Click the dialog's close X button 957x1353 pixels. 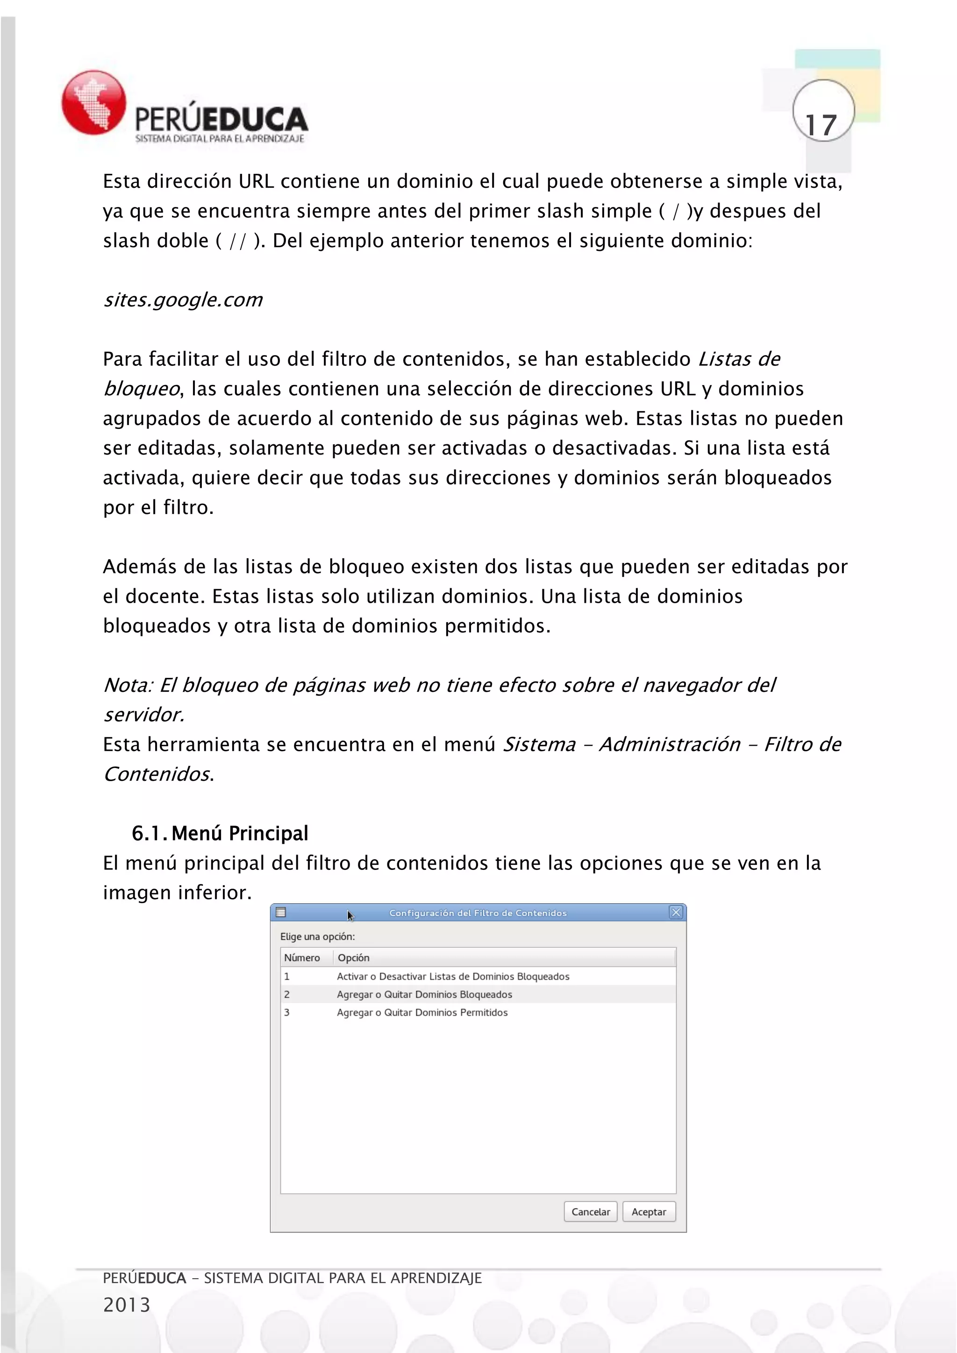675,912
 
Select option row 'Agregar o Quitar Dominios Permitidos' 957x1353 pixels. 422,1012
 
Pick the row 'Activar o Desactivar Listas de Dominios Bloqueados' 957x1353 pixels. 453,976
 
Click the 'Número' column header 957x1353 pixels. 302,958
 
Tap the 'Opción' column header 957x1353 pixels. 354,958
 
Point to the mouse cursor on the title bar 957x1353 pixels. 350,915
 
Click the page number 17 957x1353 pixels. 821,124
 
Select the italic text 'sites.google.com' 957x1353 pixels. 183,300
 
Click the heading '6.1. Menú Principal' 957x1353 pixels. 220,833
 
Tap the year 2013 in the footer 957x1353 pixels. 127,1305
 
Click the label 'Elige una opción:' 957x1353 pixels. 317,936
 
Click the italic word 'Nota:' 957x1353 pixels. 128,685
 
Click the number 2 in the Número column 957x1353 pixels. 287,994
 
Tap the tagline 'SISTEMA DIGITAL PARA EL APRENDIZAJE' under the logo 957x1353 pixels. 219,138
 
